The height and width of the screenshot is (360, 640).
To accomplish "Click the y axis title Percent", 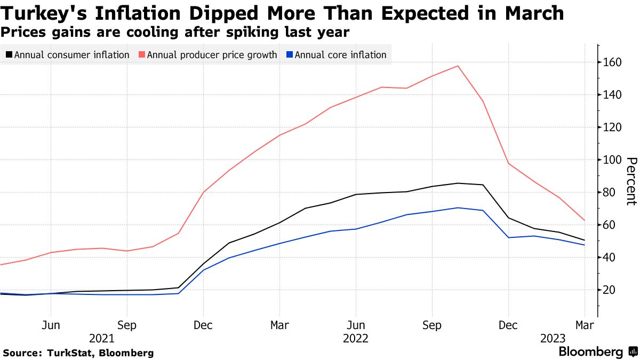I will (x=631, y=181).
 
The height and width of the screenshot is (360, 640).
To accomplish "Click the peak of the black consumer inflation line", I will (x=458, y=183).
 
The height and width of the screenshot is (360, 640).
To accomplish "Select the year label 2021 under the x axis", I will (x=101, y=338).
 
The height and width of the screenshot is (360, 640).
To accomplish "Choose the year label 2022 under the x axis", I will (x=356, y=338).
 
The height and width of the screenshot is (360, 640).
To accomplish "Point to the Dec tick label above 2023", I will (x=508, y=325).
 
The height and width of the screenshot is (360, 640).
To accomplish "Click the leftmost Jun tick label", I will (x=50, y=325).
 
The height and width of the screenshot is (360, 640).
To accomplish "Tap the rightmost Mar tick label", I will (x=584, y=325).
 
